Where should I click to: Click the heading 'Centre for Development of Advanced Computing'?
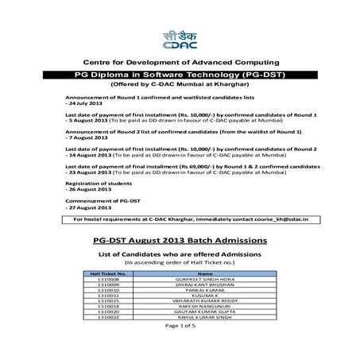click(x=180, y=62)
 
